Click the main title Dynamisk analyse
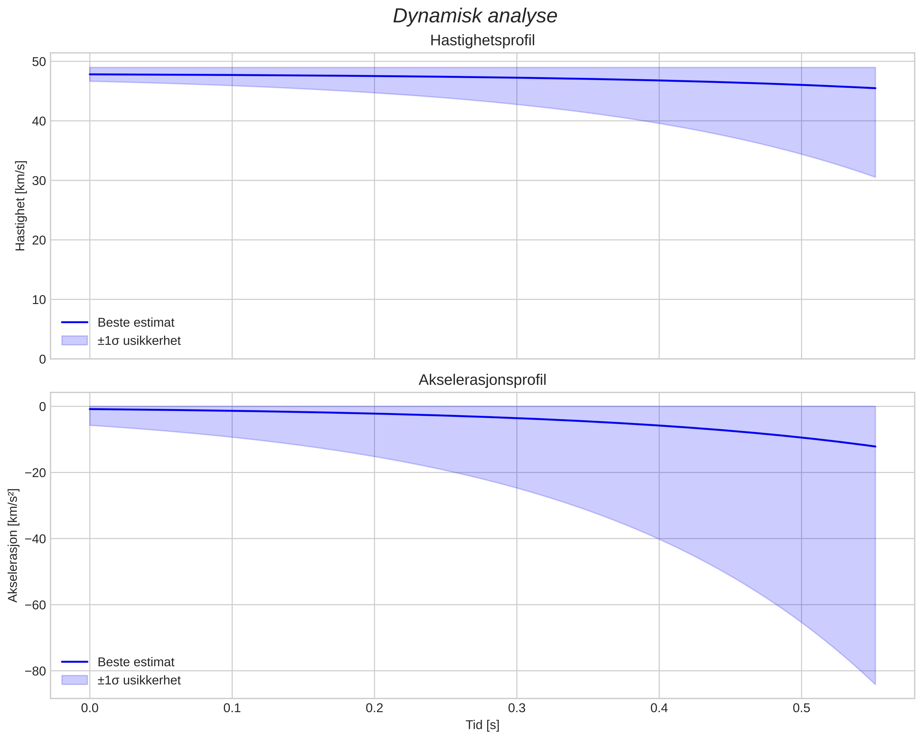pos(475,16)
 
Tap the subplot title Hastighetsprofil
pos(482,41)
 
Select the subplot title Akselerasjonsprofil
pos(482,380)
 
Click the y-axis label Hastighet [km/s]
pos(20,206)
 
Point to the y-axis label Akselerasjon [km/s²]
pos(13,545)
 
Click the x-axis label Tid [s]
pos(482,725)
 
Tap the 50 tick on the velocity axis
pos(39,62)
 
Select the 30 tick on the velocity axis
pos(39,180)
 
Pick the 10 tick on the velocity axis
pos(39,300)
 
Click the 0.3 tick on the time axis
pos(516,708)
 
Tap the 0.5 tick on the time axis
pos(801,708)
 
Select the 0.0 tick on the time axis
pos(90,708)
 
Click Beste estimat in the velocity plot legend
pos(136,323)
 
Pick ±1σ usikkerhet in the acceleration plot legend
pos(139,680)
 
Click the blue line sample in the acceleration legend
pos(75,662)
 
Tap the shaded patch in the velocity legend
pos(75,341)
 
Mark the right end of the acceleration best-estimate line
pos(875,446)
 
